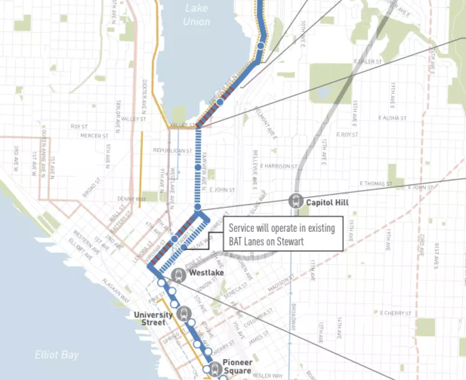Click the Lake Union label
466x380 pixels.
[197, 14]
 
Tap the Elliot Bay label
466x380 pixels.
[56, 355]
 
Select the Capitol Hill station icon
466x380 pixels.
[296, 202]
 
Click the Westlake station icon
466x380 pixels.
[177, 275]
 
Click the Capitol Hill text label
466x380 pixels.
[327, 202]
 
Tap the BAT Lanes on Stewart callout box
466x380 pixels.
[283, 235]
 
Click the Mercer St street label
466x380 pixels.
[90, 136]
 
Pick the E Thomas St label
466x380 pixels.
[375, 184]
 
